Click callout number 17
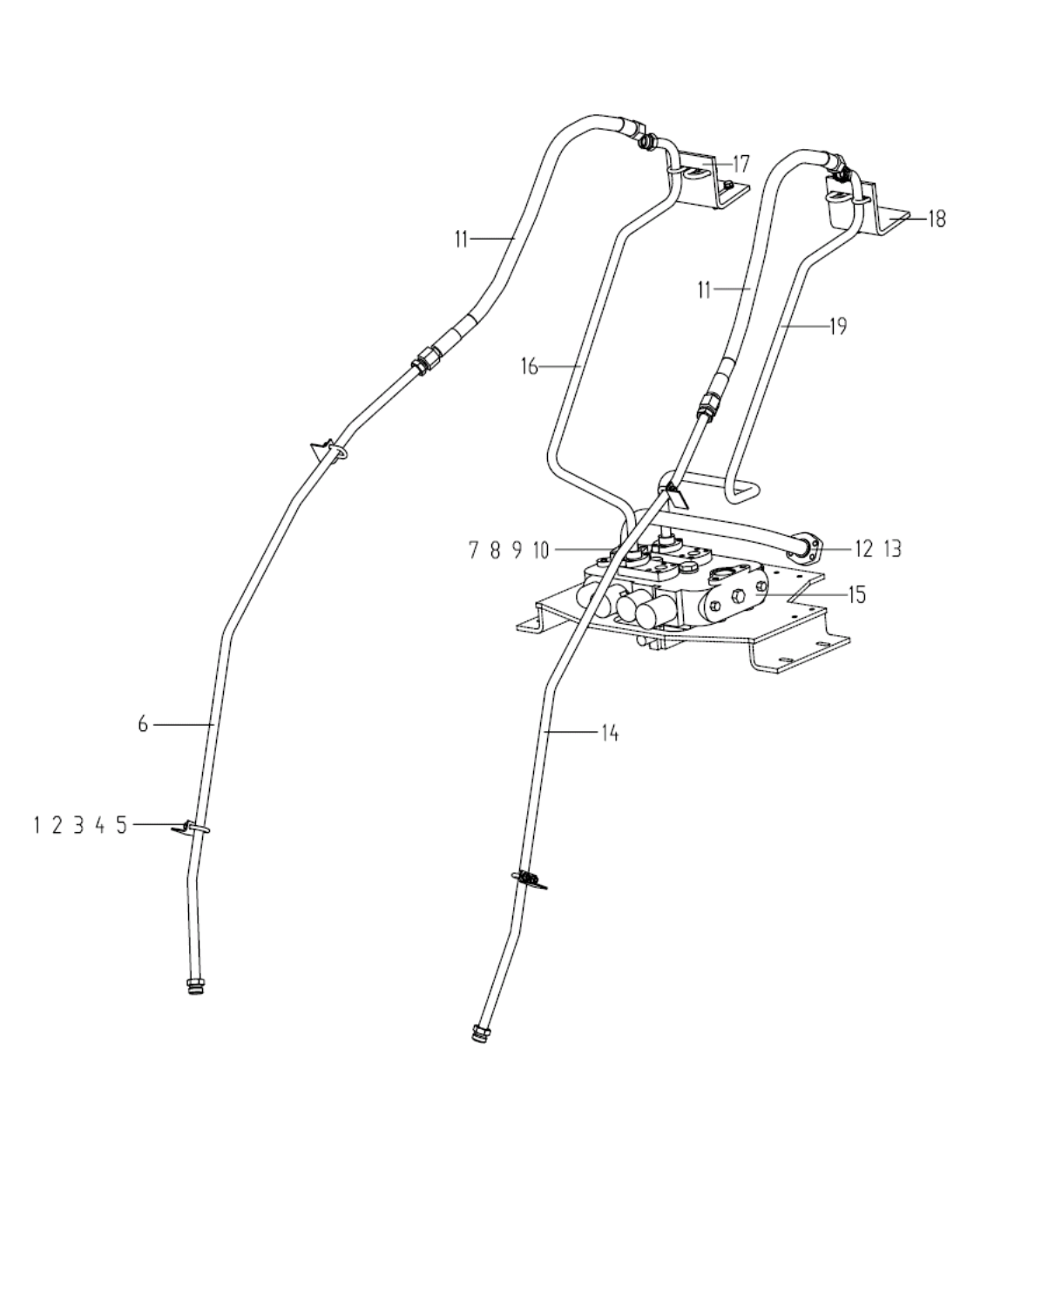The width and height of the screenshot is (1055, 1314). click(x=741, y=164)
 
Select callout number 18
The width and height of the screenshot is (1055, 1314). click(x=937, y=219)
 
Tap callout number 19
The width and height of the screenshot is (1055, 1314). click(x=837, y=327)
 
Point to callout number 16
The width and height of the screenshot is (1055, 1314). click(x=530, y=367)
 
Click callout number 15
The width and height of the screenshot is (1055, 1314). click(x=857, y=595)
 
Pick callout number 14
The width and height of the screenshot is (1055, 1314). click(x=609, y=734)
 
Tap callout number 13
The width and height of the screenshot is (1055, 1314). click(x=892, y=549)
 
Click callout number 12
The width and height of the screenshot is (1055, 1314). click(x=863, y=549)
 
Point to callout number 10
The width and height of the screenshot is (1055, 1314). click(x=540, y=550)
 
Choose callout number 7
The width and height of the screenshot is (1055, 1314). click(x=474, y=550)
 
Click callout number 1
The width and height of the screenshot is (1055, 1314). click(x=37, y=825)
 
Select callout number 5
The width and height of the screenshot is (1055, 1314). click(x=121, y=825)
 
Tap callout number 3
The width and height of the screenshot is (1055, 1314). click(x=78, y=825)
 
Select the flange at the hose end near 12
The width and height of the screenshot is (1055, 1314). click(x=809, y=546)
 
